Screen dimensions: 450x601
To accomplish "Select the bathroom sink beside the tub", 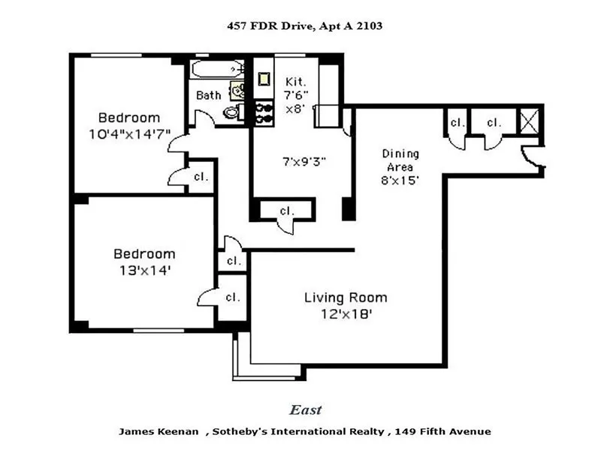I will [x=237, y=91].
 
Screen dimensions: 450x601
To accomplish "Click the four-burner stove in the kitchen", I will [x=264, y=112].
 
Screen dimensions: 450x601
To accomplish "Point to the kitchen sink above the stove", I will [x=264, y=78].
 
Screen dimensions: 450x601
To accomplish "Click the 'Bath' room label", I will [x=208, y=95].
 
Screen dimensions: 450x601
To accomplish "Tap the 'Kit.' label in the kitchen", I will [x=295, y=81].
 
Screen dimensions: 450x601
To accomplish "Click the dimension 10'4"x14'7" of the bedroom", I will [x=128, y=133].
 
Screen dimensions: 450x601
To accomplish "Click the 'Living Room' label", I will [x=346, y=298].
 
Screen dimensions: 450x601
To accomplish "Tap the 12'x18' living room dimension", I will [x=346, y=314].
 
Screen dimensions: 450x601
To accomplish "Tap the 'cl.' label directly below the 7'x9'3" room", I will [x=286, y=211].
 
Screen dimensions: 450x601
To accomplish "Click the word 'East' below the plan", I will [x=306, y=409].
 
